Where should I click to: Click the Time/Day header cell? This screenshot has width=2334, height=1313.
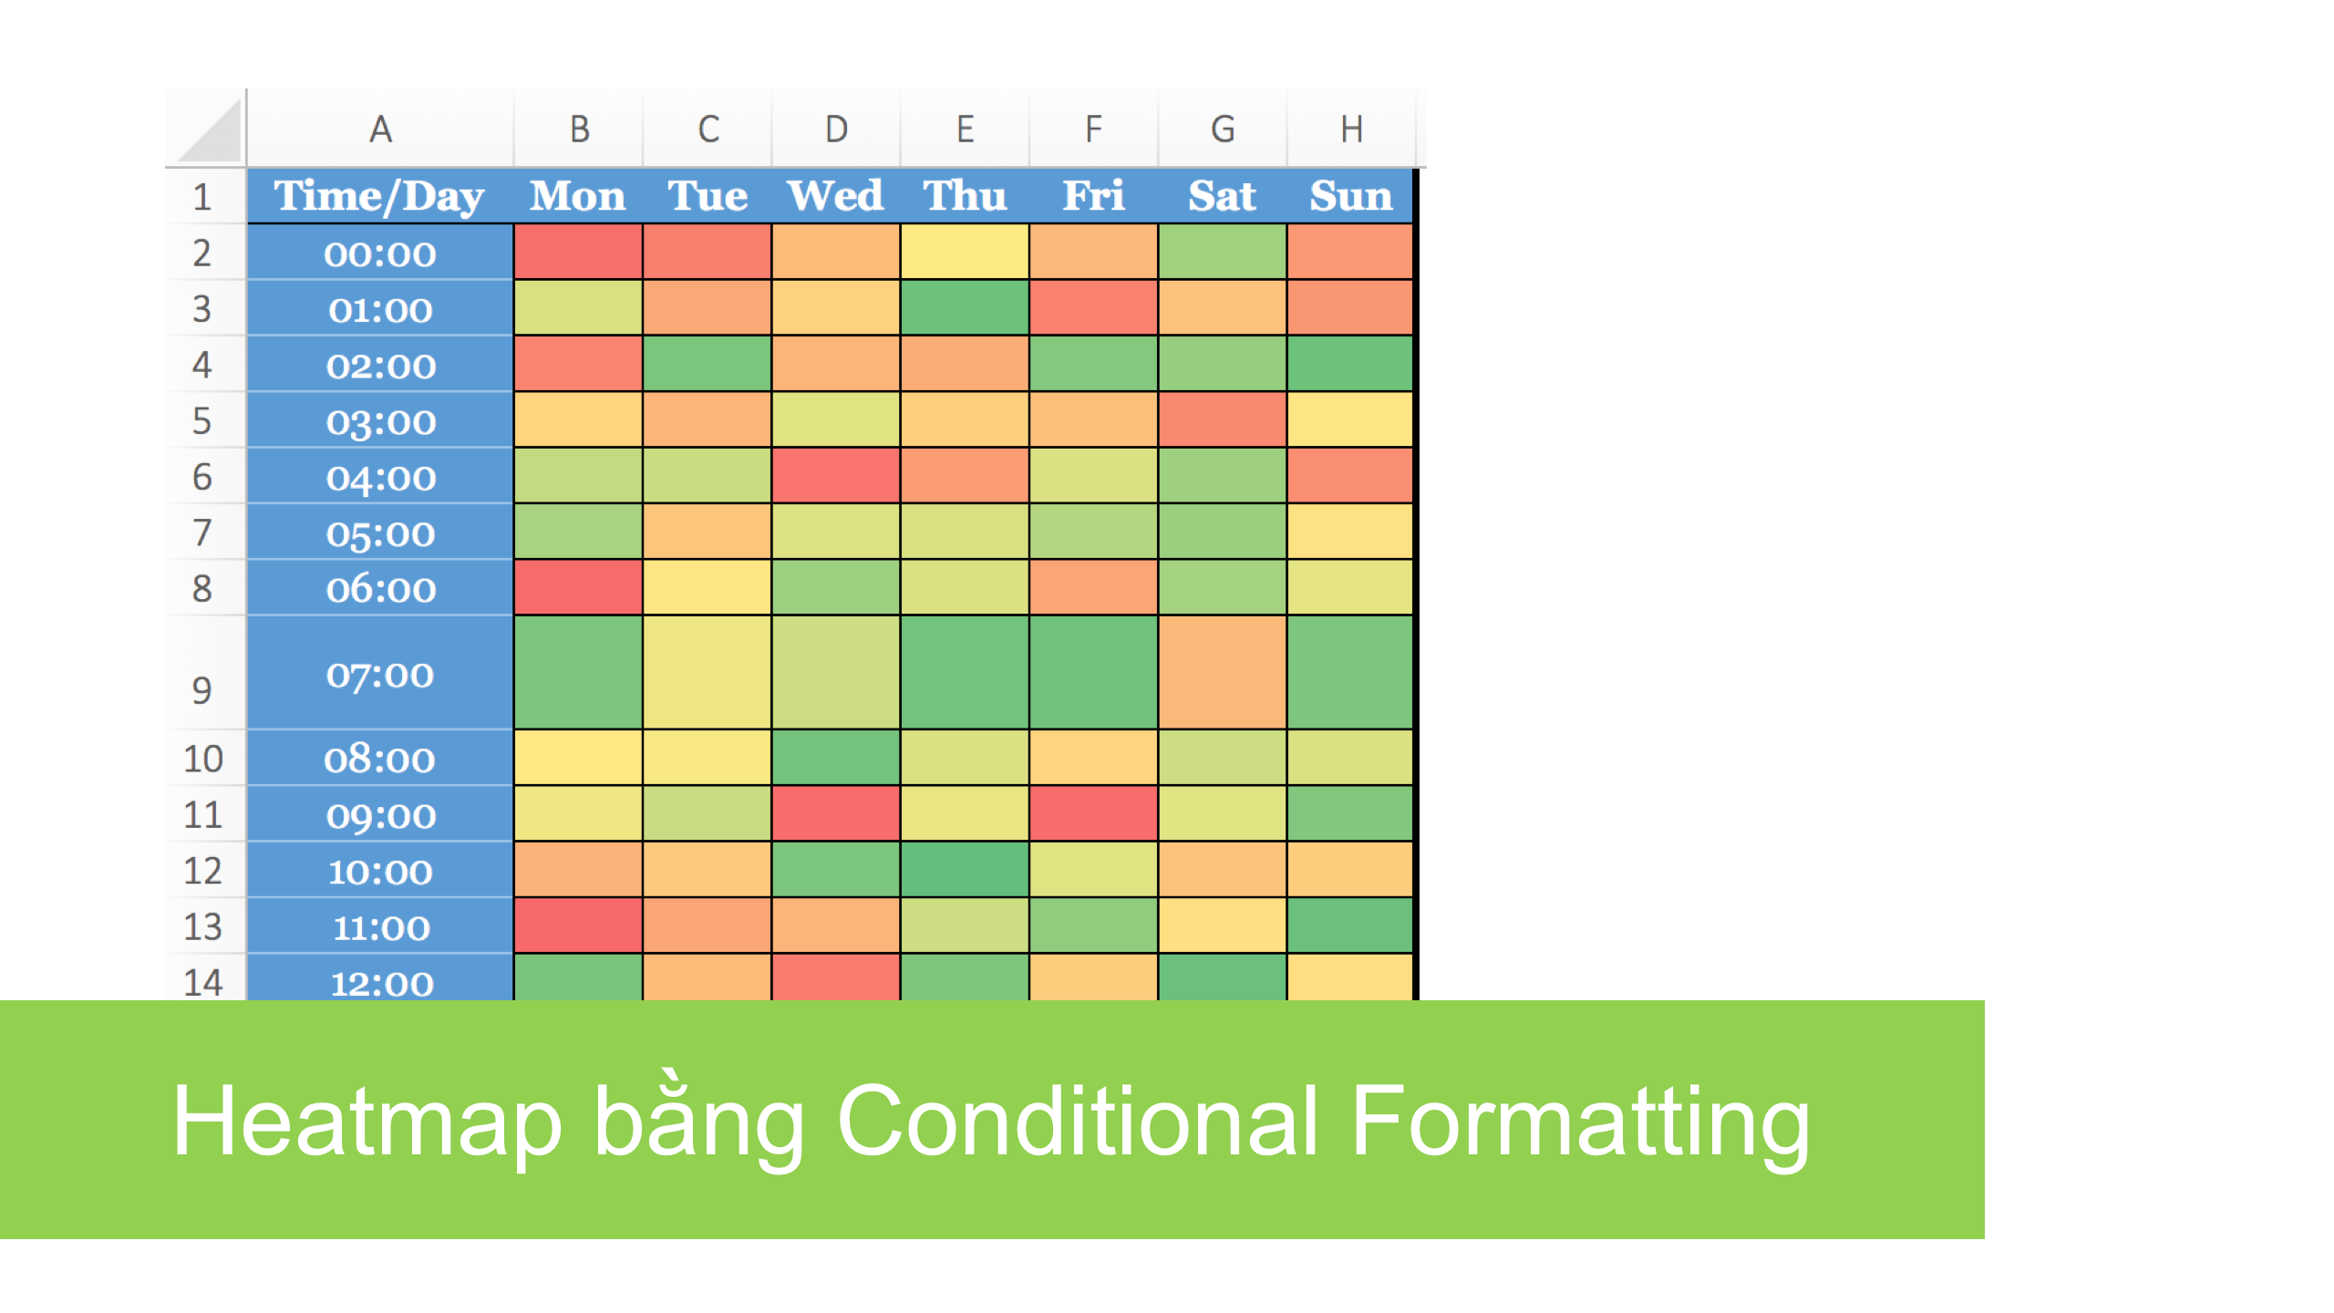point(379,196)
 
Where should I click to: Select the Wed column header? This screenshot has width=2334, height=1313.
point(835,196)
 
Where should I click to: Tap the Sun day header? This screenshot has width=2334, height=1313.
point(1350,196)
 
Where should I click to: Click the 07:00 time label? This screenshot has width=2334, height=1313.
point(379,674)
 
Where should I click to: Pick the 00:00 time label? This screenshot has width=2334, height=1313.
point(379,253)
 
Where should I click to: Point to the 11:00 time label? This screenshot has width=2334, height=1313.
point(379,926)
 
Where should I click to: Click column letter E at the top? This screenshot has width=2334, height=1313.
point(965,129)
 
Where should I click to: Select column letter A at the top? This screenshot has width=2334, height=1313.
point(380,129)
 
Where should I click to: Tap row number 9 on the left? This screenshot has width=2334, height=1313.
point(202,690)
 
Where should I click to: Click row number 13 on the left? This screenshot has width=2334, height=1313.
point(202,926)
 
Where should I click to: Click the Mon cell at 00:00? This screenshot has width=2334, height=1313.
point(578,252)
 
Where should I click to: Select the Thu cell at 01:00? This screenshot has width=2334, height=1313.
point(965,308)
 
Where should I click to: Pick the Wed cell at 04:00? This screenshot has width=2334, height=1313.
point(835,475)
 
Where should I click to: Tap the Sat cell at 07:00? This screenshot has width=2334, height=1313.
point(1223,673)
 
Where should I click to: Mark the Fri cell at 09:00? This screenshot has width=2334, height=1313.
point(1093,813)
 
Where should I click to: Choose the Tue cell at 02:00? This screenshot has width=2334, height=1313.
point(707,364)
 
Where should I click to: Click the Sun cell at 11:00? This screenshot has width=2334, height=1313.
point(1350,925)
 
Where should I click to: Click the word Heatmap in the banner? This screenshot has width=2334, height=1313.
point(367,1122)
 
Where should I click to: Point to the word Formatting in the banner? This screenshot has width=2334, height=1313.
point(1580,1122)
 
